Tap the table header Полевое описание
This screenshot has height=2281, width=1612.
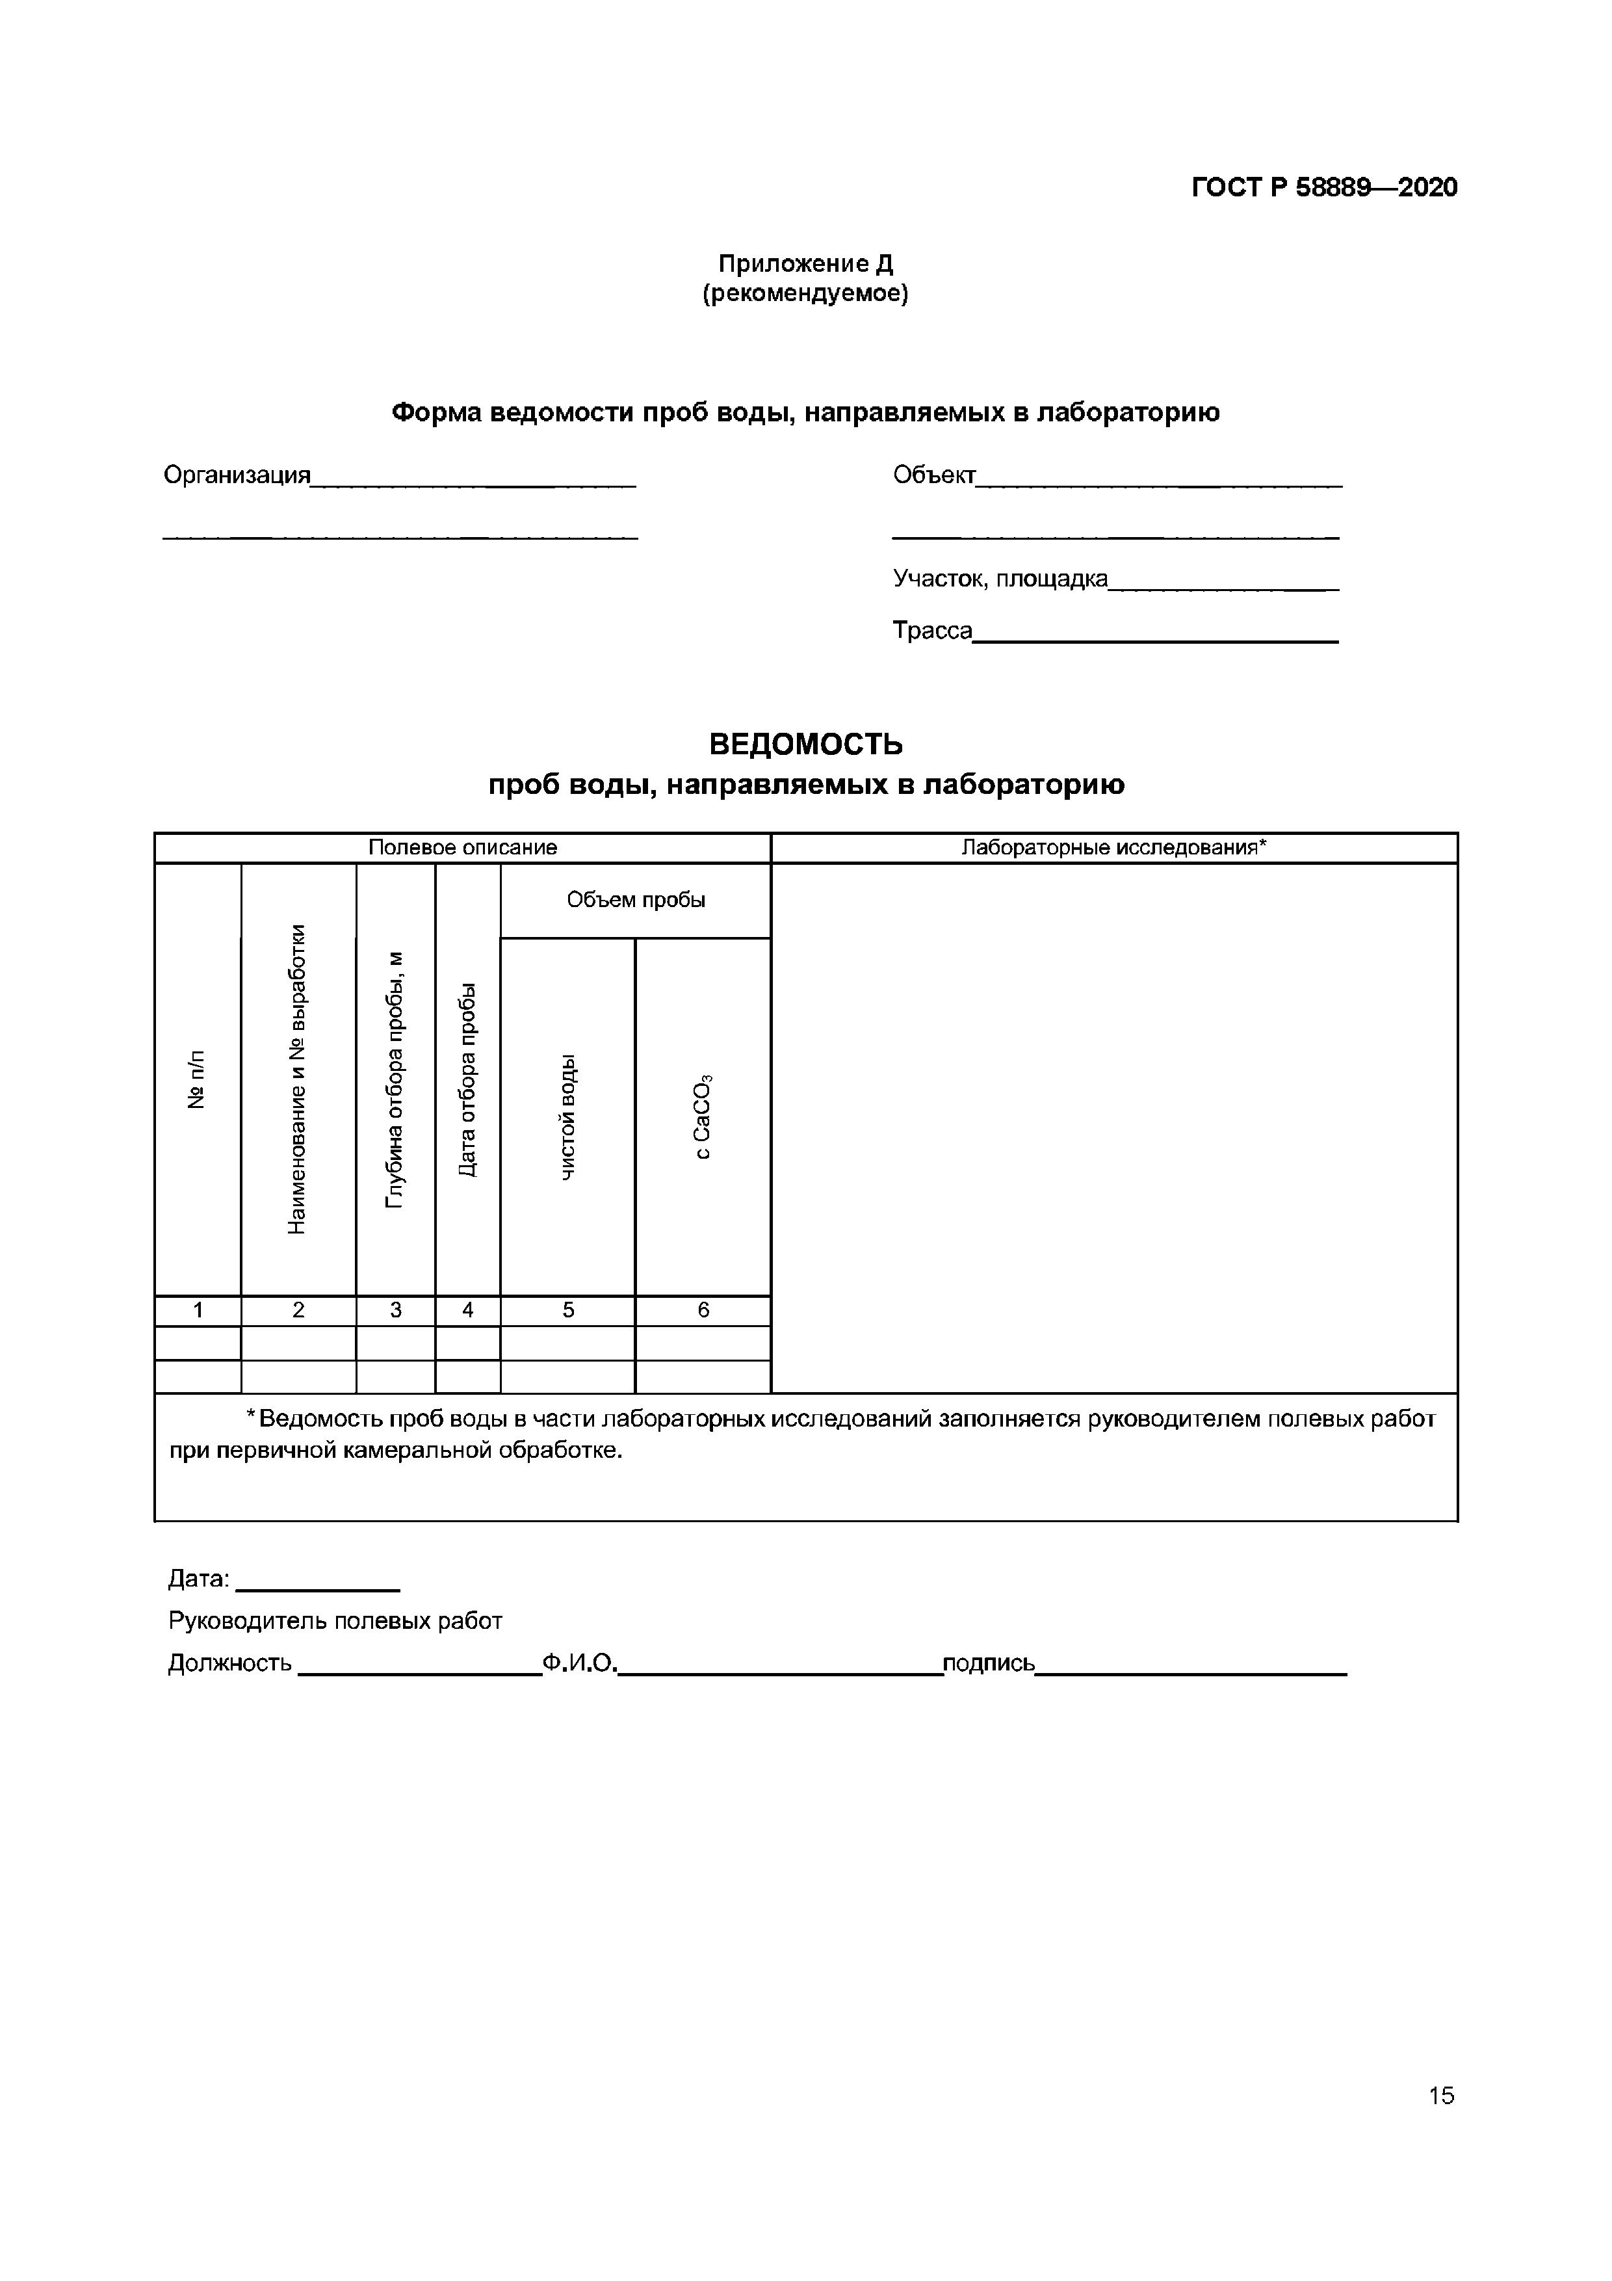tap(462, 847)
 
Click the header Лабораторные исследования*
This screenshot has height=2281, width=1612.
tap(1113, 847)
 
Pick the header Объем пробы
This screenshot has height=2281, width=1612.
tap(636, 900)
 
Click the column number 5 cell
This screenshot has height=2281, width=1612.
tap(568, 1310)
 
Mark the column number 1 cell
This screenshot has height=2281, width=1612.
tap(198, 1310)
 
